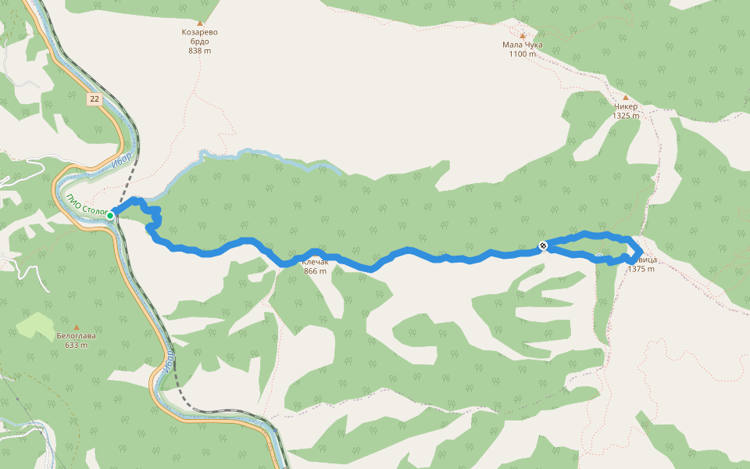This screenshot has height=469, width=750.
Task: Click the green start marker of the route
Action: coord(111,215)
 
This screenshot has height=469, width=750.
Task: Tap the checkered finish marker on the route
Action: coord(543,247)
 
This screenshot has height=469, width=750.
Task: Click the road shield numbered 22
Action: coord(95,98)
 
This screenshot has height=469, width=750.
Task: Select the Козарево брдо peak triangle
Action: coord(199,23)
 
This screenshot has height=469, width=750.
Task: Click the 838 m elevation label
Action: coord(199,51)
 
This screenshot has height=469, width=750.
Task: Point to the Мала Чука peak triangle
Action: coord(522,36)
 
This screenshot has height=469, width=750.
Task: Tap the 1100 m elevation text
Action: coord(522,54)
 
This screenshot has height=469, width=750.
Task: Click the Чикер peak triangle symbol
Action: coord(625,98)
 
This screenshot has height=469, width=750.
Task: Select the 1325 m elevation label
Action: coord(625,116)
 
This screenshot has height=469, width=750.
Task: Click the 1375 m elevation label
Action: coord(641,269)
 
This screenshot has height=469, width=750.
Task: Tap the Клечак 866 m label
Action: coord(315,266)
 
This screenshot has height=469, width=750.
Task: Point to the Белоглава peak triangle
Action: coord(77,327)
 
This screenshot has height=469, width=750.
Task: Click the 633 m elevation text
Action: coord(77,345)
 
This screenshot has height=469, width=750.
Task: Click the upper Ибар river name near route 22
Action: coord(121,156)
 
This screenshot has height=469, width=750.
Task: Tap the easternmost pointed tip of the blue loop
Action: coord(641,249)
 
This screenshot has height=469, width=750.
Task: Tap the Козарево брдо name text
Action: coord(199,37)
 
